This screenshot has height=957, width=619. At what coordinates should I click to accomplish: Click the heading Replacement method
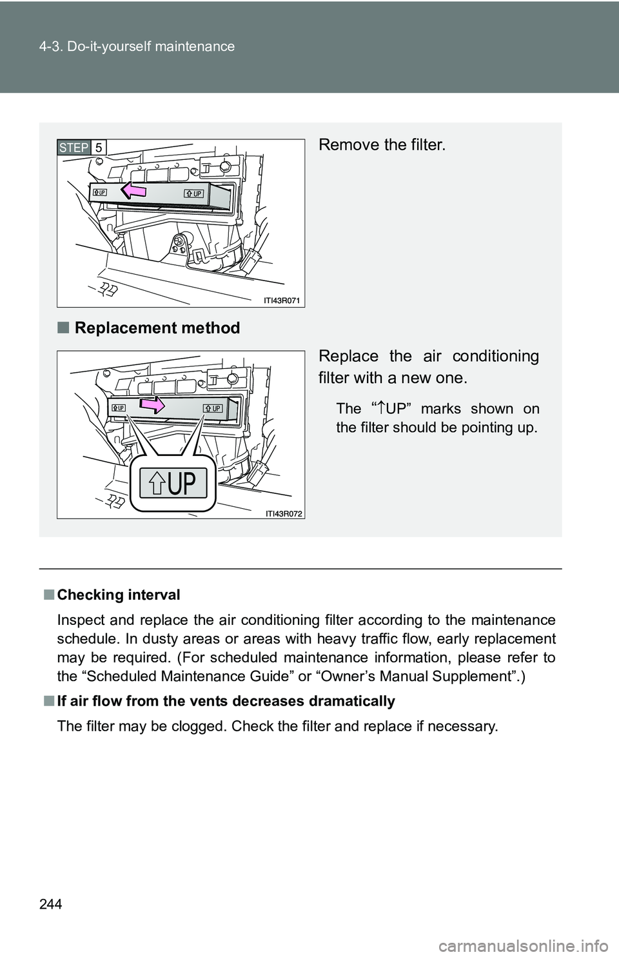click(x=157, y=328)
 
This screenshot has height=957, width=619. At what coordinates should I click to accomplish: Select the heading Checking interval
click(x=118, y=595)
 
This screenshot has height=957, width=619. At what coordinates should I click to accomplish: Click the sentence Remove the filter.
click(x=382, y=144)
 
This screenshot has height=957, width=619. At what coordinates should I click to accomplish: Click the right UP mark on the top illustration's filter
click(x=195, y=193)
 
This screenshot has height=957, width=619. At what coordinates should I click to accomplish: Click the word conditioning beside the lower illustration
click(x=495, y=356)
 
